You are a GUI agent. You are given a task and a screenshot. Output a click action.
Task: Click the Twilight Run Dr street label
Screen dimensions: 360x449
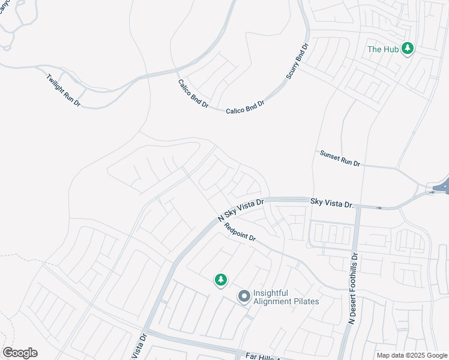pyautogui.click(x=63, y=90)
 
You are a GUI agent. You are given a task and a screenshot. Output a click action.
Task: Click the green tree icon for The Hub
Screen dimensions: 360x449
pyautogui.click(x=408, y=48)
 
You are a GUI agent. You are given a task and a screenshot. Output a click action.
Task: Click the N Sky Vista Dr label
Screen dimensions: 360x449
pyautogui.click(x=241, y=211)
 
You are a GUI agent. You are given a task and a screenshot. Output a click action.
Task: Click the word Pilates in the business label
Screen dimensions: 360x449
pyautogui.click(x=304, y=301)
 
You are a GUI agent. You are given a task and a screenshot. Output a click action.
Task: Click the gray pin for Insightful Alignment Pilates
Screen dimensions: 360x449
pyautogui.click(x=244, y=296)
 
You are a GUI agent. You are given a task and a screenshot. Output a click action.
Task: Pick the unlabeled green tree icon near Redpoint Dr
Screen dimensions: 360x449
pyautogui.click(x=221, y=280)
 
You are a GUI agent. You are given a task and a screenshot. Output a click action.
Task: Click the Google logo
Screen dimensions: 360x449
pyautogui.click(x=20, y=353)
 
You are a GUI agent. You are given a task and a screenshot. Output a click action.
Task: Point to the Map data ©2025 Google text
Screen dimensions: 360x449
pyautogui.click(x=411, y=355)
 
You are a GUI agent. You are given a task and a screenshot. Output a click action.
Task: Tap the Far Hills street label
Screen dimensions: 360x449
pyautogui.click(x=263, y=357)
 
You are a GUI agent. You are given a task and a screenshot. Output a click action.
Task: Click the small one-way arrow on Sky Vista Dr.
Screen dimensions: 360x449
pyautogui.click(x=378, y=208)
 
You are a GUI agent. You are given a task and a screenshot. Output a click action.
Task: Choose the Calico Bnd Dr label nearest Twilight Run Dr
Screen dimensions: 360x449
pyautogui.click(x=193, y=94)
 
